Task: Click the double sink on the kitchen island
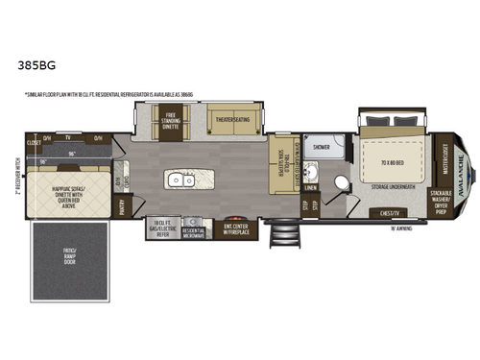(x=178, y=180)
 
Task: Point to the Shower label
(x=321, y=148)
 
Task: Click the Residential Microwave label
(x=193, y=231)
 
